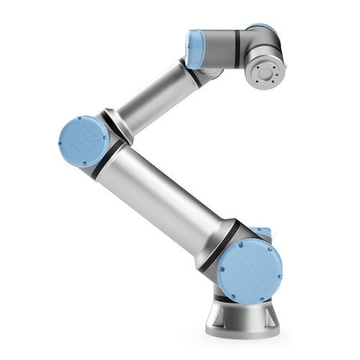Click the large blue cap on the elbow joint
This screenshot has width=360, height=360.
pos(83,140)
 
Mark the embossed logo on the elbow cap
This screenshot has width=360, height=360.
pos(81,141)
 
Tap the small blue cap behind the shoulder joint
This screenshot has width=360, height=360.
pos(264,232)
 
